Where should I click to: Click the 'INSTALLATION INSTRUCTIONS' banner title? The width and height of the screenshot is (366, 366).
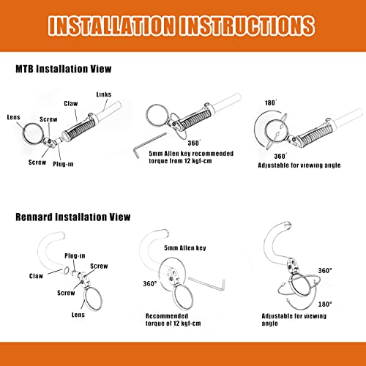pos(182,26)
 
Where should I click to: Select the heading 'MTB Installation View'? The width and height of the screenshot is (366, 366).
pos(64,69)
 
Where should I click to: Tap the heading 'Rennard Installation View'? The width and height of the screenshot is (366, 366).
pos(73,217)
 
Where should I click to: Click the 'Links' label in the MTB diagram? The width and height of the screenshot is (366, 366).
pos(104,94)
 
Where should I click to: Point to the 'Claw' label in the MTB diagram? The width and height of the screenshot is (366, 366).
pos(71,103)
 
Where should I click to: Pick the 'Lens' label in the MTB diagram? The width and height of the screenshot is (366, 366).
pos(13,117)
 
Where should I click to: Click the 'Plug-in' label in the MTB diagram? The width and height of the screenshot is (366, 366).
pos(63,164)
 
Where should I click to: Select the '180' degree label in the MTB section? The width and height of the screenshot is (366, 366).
pos(271,102)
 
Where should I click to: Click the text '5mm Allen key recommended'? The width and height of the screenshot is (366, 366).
pos(191,154)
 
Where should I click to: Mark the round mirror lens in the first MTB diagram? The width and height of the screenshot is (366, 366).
pos(34,133)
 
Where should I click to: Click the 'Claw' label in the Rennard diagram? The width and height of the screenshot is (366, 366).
pos(36,276)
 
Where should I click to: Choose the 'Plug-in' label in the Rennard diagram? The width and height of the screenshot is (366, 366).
pos(75,255)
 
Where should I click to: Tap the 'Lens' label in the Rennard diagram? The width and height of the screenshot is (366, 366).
pos(78,315)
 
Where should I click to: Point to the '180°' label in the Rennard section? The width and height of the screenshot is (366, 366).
pos(325,305)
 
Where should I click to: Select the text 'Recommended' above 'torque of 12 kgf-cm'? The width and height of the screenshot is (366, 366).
pos(167,316)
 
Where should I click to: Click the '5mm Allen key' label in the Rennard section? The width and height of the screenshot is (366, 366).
pos(185,248)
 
